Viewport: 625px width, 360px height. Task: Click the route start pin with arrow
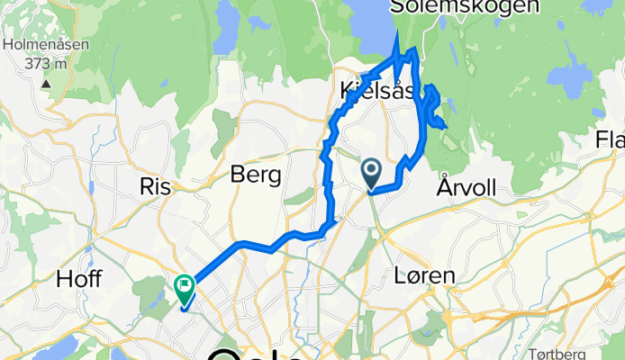coord(371,170)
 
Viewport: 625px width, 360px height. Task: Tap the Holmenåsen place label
coord(35,44)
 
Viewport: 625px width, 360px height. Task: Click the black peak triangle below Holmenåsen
coord(44,82)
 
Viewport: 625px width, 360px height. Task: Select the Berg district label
coord(256,175)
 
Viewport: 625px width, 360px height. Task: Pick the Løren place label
coord(423,275)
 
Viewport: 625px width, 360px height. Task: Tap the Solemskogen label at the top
coord(466,7)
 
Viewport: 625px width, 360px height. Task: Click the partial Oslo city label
coord(260,352)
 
